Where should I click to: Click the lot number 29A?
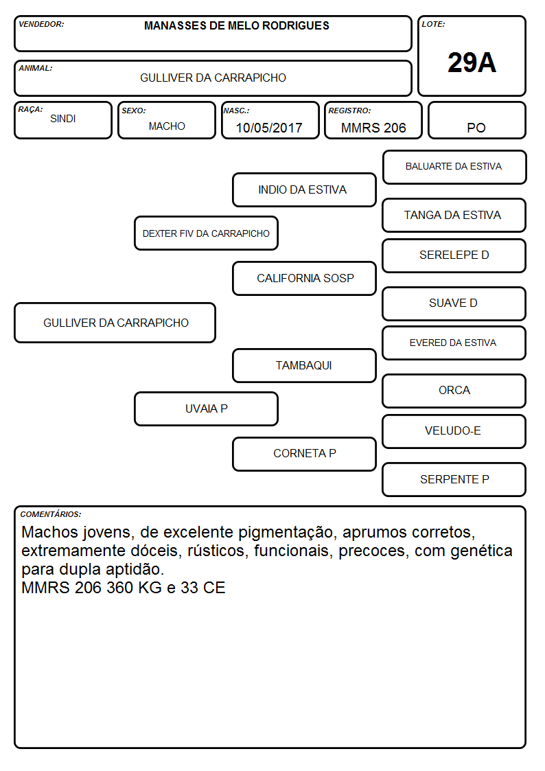[x=472, y=62]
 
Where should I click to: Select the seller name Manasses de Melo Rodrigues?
[x=236, y=25]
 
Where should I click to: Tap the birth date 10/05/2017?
[x=269, y=128]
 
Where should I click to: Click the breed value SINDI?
[x=63, y=119]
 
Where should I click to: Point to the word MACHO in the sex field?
[x=167, y=126]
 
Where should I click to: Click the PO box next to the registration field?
[x=476, y=120]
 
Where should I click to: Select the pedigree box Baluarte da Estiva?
[x=454, y=168]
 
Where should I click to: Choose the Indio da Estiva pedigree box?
[x=304, y=189]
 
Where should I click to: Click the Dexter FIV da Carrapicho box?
[x=206, y=233]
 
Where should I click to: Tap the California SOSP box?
[x=304, y=278]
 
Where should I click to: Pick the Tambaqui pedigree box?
[x=304, y=365]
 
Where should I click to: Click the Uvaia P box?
[x=206, y=408]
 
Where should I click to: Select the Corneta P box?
[x=304, y=454]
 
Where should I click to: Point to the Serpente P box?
[x=454, y=479]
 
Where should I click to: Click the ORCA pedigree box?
[x=454, y=391]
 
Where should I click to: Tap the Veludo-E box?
[x=454, y=431]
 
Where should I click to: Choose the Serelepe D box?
[x=454, y=255]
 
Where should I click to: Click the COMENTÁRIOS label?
[x=51, y=514]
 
